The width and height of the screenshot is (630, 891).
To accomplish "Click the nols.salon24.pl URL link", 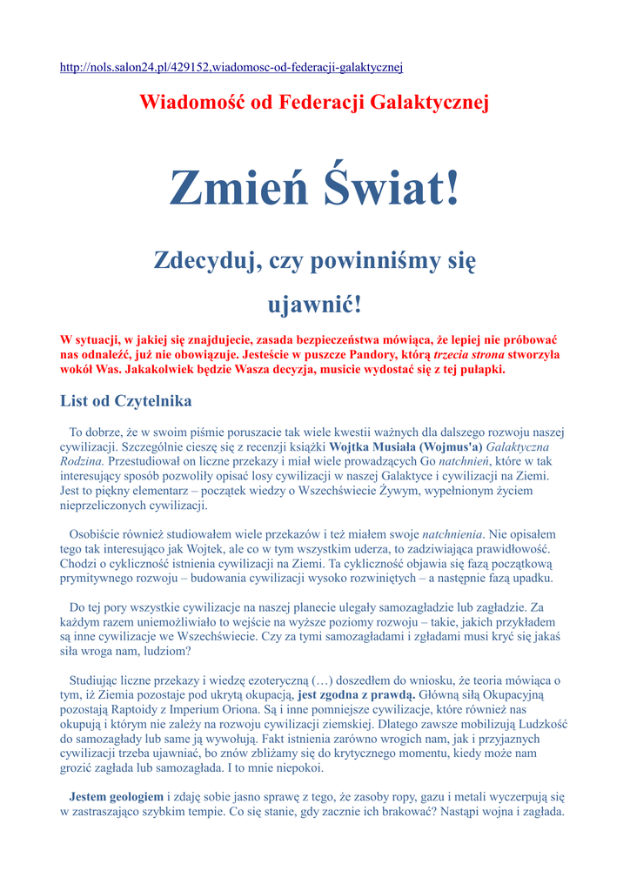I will (x=231, y=67).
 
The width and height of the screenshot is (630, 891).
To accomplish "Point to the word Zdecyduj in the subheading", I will (x=207, y=260).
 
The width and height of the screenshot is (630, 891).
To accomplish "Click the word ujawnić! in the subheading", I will (x=313, y=305).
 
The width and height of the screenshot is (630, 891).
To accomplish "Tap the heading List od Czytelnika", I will (x=125, y=401).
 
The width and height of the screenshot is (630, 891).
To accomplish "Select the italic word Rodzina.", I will (x=82, y=461).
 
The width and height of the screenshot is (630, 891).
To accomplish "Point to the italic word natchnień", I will (x=466, y=461).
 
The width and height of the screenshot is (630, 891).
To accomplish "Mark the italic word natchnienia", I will (x=453, y=534).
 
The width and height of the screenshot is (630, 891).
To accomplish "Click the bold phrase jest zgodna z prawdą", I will (x=356, y=695).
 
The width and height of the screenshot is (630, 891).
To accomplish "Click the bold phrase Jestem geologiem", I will (x=116, y=797).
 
